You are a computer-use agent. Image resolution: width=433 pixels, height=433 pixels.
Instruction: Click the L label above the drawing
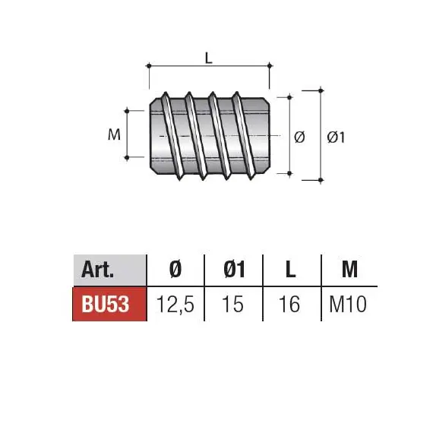pyautogui.click(x=209, y=58)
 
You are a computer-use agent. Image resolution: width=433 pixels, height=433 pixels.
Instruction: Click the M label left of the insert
pyautogui.click(x=114, y=134)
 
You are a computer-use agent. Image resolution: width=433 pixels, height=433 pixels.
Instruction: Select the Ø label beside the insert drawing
pyautogui.click(x=299, y=137)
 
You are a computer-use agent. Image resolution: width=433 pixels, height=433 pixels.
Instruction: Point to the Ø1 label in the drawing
pyautogui.click(x=336, y=137)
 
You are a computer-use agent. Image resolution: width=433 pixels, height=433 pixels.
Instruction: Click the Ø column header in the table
pyautogui.click(x=175, y=269)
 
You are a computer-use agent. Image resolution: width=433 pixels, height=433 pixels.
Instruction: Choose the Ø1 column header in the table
pyautogui.click(x=234, y=269)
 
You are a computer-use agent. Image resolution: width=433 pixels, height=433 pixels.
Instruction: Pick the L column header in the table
pyautogui.click(x=290, y=269)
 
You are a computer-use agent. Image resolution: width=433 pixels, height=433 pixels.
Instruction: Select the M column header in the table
pyautogui.click(x=349, y=269)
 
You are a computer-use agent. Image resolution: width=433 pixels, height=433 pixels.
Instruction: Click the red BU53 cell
pyautogui.click(x=109, y=304)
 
